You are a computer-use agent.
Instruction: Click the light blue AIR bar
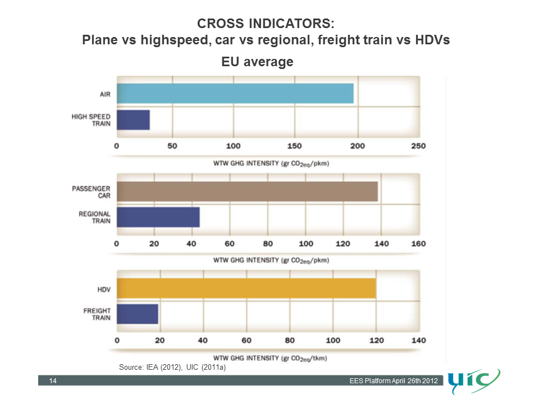235,93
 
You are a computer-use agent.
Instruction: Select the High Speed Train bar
133,120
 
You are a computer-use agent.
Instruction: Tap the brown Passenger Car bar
247,191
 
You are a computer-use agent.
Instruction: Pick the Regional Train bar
158,217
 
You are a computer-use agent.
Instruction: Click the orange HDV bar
246,288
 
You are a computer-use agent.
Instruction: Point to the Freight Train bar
138,314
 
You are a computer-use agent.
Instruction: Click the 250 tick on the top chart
418,146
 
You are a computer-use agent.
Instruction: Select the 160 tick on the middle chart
418,244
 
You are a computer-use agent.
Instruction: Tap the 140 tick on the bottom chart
418,340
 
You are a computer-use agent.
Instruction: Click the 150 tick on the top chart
294,146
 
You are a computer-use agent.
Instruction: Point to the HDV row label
104,290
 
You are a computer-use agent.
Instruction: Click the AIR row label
104,94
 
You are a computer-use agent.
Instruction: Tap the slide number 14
53,382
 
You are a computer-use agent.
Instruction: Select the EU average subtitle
257,62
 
